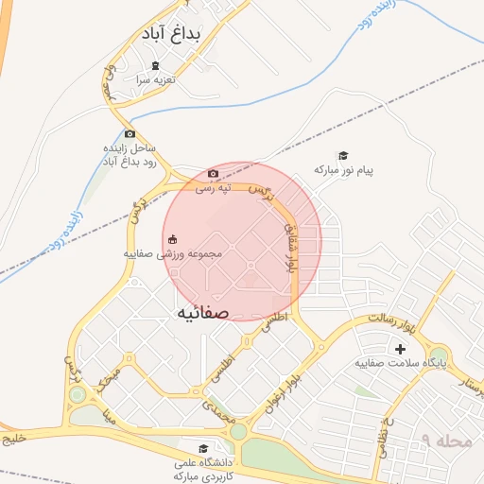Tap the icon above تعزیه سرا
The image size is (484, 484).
tap(156, 65)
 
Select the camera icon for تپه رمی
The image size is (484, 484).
tap(213, 173)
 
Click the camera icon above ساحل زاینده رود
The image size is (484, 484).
tap(130, 133)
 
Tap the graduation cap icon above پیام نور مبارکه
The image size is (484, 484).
tap(343, 156)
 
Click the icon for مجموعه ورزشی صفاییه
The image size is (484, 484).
tap(172, 239)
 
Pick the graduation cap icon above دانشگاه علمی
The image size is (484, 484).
tap(202, 449)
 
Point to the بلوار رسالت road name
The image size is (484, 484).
tap(394, 324)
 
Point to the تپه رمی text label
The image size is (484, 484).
tap(213, 187)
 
